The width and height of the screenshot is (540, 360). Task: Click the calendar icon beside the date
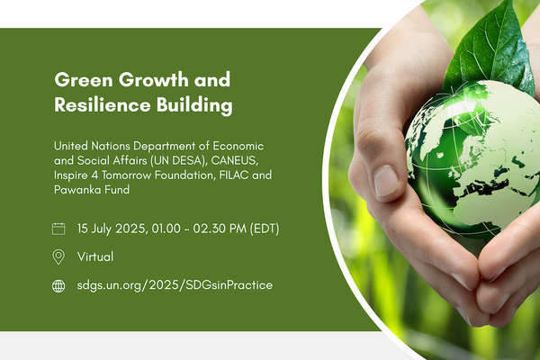click(x=59, y=229)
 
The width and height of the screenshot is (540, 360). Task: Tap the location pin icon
click(x=59, y=256)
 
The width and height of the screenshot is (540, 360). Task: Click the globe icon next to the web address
click(x=59, y=285)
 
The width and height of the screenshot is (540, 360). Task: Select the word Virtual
click(x=95, y=256)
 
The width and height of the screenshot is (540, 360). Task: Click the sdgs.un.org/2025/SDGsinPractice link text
click(x=162, y=285)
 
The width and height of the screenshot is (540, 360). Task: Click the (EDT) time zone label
click(x=262, y=229)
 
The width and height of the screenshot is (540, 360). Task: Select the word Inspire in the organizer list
click(x=74, y=175)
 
